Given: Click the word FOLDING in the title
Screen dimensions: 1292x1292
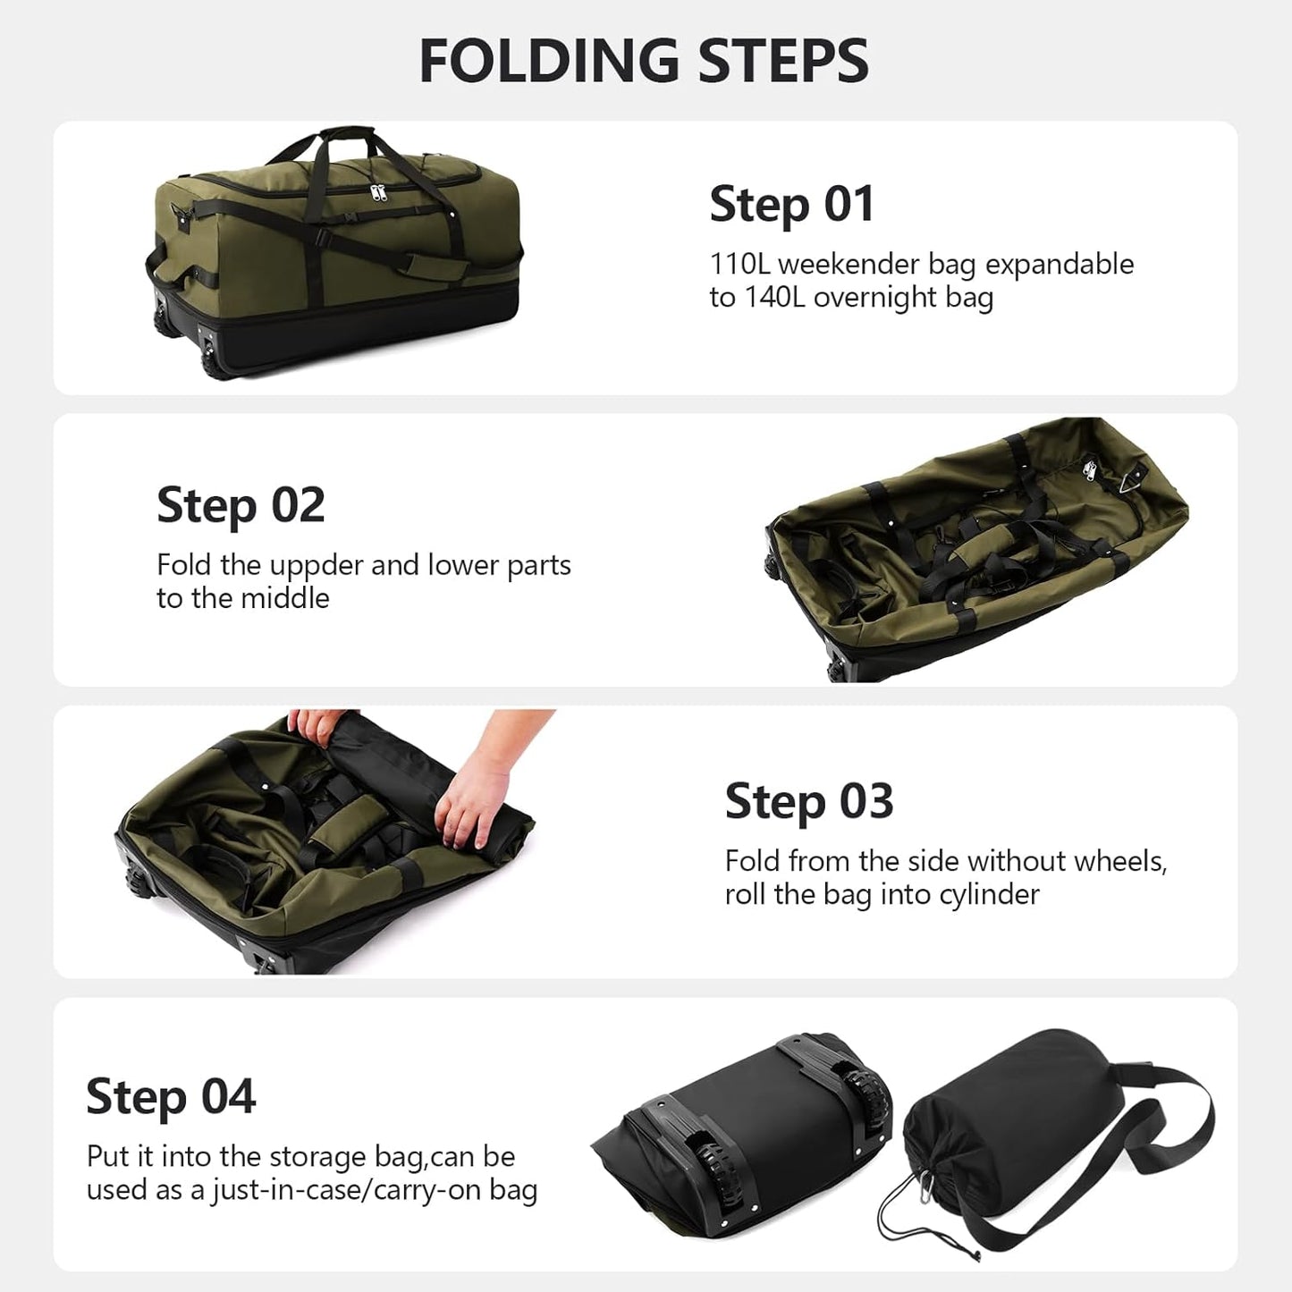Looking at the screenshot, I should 548,61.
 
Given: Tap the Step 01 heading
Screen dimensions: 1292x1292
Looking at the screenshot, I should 791,205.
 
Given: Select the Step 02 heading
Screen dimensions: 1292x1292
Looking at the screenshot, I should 240,506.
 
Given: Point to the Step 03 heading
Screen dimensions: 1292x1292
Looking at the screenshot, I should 808,802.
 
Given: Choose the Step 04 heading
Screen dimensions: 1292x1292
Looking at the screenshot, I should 171,1097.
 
